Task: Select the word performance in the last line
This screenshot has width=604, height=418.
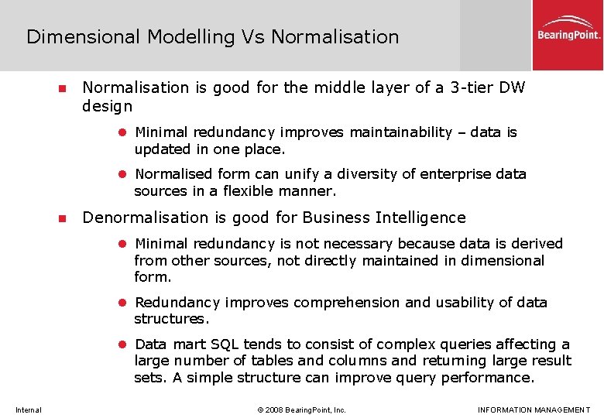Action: (x=487, y=378)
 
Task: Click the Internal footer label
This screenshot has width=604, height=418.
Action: (x=28, y=409)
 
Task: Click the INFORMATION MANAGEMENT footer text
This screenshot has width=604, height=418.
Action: (x=534, y=409)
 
